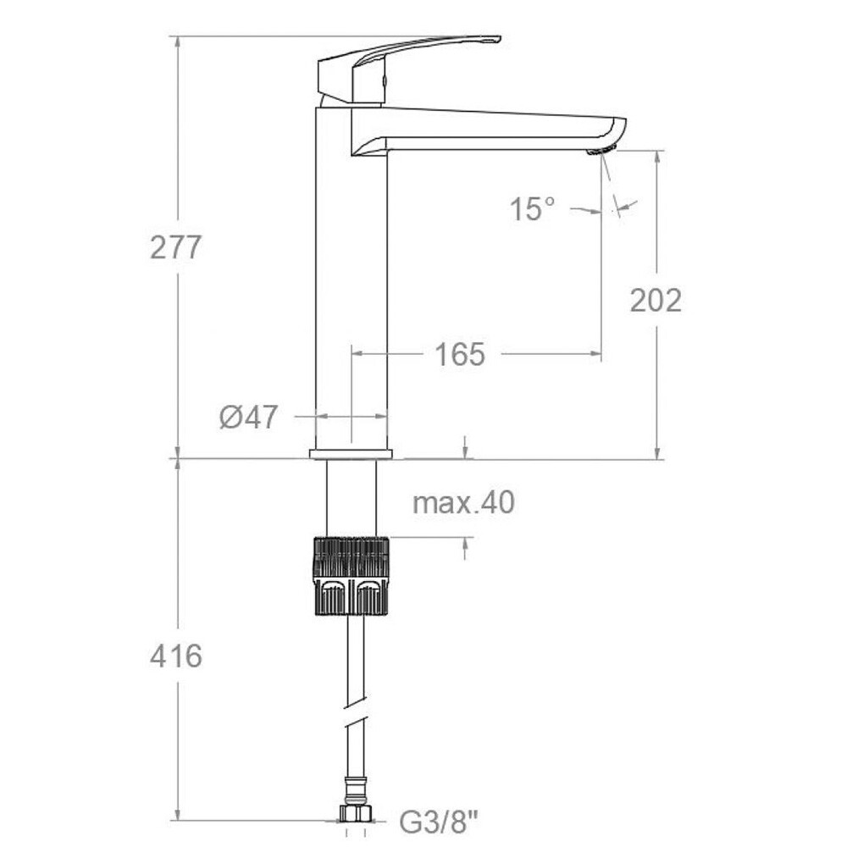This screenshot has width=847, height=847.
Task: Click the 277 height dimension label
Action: click(x=175, y=248)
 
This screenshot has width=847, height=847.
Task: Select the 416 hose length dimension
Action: click(x=176, y=656)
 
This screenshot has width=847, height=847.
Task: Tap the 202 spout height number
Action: click(x=656, y=301)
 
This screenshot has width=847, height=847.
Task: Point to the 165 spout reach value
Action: click(x=460, y=354)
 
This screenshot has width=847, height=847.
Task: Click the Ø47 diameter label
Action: click(x=248, y=417)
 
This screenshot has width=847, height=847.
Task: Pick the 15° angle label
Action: click(x=533, y=208)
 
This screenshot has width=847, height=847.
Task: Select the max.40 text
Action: click(x=463, y=502)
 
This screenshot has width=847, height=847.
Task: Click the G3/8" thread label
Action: click(x=439, y=822)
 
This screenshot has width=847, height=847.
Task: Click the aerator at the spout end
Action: click(x=601, y=150)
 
